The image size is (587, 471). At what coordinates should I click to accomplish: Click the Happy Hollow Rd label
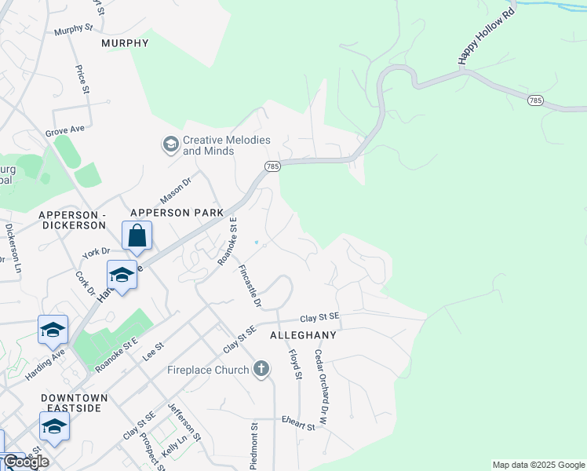(x=486, y=37)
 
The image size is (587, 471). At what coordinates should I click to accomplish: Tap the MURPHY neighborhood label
(x=125, y=43)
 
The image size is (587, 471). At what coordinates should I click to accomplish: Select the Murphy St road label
(x=73, y=30)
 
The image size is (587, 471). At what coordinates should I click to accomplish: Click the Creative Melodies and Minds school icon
(x=170, y=144)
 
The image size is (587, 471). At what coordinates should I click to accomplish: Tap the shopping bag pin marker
(x=137, y=235)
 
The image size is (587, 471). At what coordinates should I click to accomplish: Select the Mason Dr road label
(x=175, y=189)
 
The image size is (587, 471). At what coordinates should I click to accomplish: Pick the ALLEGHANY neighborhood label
(x=303, y=335)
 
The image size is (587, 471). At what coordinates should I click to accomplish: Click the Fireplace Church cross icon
(x=262, y=369)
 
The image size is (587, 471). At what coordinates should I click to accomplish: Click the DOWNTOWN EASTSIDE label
(x=74, y=403)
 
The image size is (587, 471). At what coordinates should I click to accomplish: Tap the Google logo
(x=25, y=462)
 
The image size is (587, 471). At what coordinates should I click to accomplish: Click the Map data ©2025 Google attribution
(x=538, y=465)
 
